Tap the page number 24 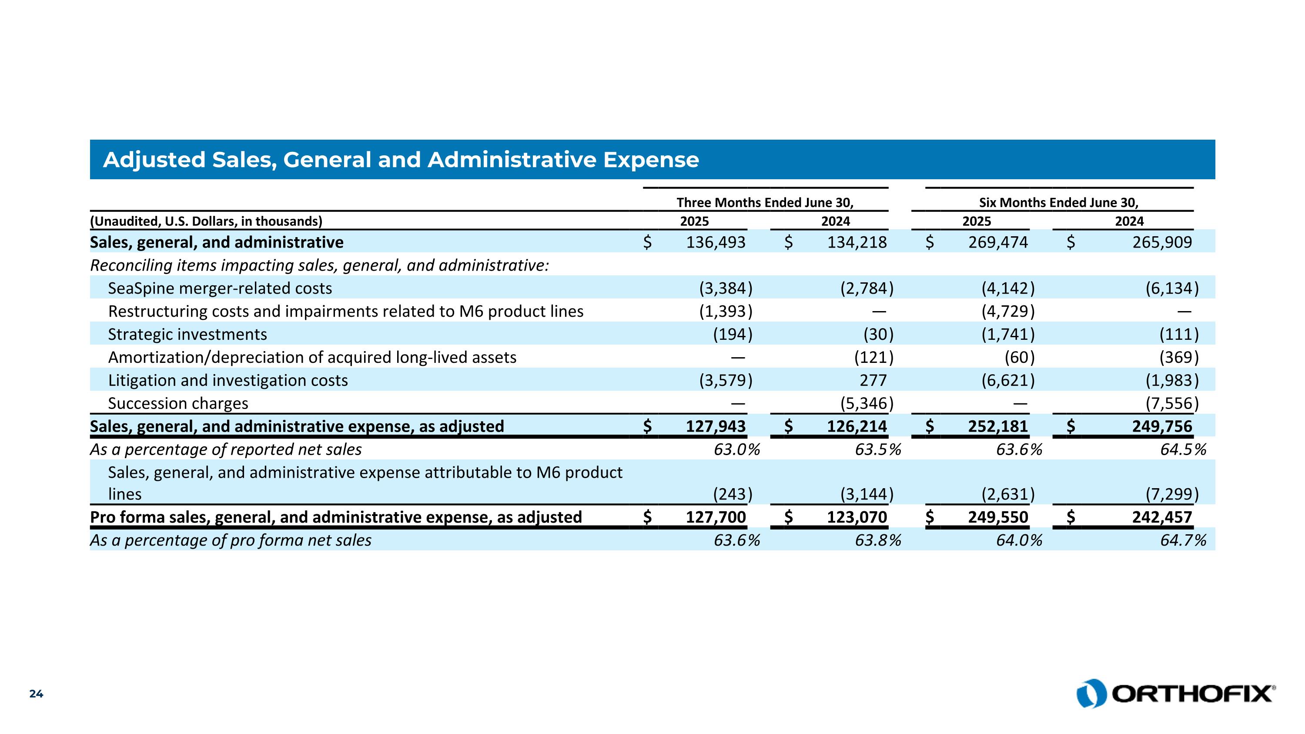tap(36, 694)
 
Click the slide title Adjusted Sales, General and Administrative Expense tap(401, 160)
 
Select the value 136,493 tap(715, 242)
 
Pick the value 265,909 tap(1162, 242)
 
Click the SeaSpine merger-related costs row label tap(220, 288)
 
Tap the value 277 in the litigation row tap(873, 380)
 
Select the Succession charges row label tap(178, 403)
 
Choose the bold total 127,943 tap(715, 426)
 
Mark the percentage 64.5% tap(1183, 449)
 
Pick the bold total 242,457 tap(1162, 517)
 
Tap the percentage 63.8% tap(878, 540)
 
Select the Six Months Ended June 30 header tap(1058, 203)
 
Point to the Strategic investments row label tap(187, 334)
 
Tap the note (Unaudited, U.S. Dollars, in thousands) tap(206, 221)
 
